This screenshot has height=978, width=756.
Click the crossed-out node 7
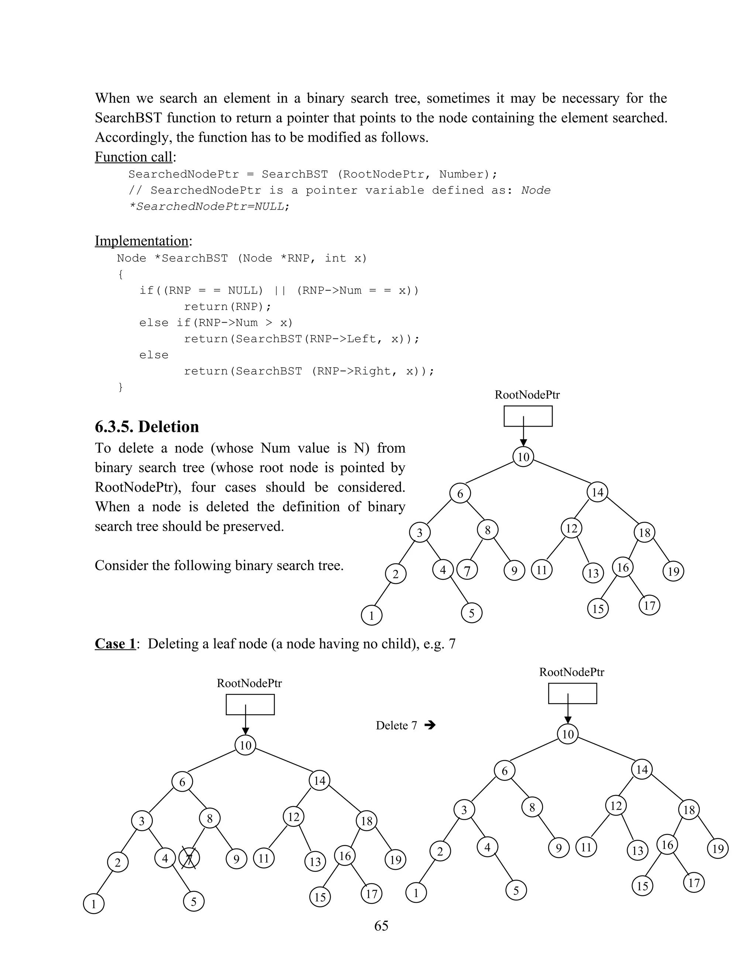(x=189, y=858)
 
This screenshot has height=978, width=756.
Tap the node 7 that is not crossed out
(x=467, y=571)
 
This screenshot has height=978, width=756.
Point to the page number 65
(x=381, y=926)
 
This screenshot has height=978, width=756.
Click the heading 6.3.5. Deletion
(x=147, y=427)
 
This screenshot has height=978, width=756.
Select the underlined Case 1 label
(x=115, y=644)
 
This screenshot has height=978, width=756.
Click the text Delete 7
(x=396, y=726)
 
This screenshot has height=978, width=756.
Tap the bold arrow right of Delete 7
(x=430, y=725)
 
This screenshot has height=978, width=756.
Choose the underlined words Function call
(x=134, y=157)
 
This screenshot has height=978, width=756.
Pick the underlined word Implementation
(x=141, y=241)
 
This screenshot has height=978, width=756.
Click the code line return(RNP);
(x=227, y=307)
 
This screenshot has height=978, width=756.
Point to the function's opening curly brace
(x=120, y=275)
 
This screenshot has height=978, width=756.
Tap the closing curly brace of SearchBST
(x=120, y=387)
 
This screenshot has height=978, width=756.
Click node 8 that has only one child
(x=532, y=807)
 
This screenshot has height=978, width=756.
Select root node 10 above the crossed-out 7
(x=245, y=745)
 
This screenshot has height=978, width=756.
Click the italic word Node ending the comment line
(x=536, y=190)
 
